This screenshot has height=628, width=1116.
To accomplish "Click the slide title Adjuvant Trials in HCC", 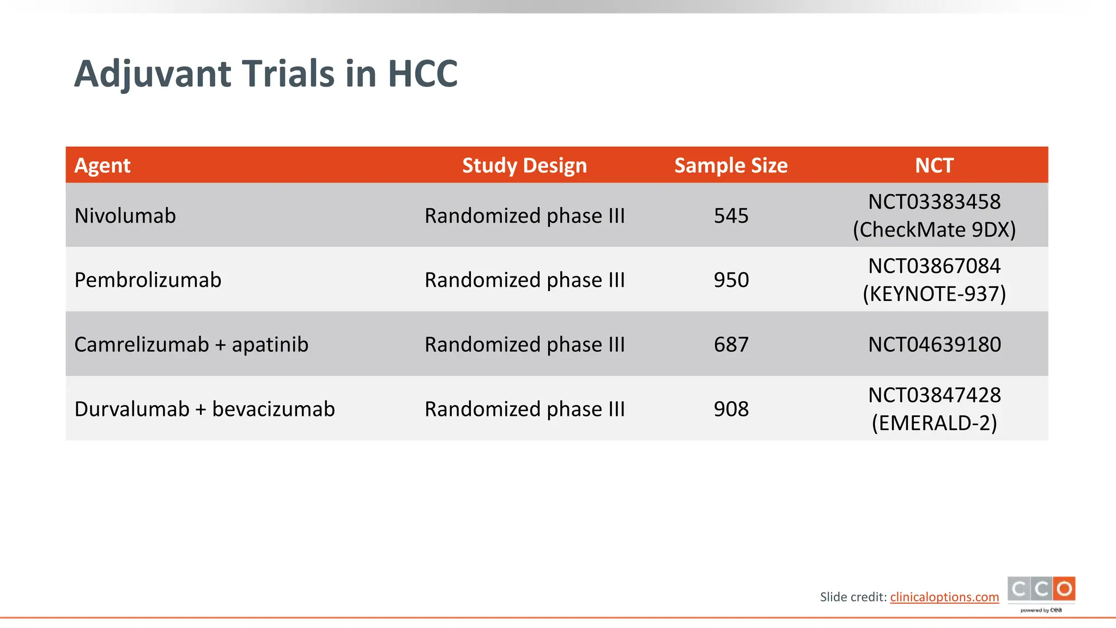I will pyautogui.click(x=266, y=74).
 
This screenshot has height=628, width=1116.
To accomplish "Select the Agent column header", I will pyautogui.click(x=102, y=165).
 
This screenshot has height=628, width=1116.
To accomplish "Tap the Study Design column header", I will pyautogui.click(x=524, y=165).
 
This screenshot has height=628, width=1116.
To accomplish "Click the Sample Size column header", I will pyautogui.click(x=731, y=165).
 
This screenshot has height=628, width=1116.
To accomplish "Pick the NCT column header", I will pyautogui.click(x=934, y=165).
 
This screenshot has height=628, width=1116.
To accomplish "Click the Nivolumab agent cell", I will pyautogui.click(x=125, y=216).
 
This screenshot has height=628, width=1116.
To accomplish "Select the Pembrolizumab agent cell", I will pyautogui.click(x=148, y=280).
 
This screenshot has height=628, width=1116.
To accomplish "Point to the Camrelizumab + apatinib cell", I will pyautogui.click(x=191, y=345).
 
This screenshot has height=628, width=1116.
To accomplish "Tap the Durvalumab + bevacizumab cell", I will pyautogui.click(x=204, y=409).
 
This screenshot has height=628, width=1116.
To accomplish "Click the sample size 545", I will pyautogui.click(x=731, y=216).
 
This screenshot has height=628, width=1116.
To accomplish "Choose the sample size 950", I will pyautogui.click(x=731, y=280).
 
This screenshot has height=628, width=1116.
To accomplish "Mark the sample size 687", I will pyautogui.click(x=731, y=345).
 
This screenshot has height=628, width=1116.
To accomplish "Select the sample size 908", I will pyautogui.click(x=731, y=409).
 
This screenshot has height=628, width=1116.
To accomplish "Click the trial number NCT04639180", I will pyautogui.click(x=934, y=345).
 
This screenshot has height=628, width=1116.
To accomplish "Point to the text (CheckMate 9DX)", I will pyautogui.click(x=934, y=230).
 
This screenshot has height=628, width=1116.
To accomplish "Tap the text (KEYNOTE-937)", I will pyautogui.click(x=934, y=294).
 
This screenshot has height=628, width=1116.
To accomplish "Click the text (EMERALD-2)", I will pyautogui.click(x=934, y=423).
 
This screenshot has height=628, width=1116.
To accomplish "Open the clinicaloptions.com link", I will pyautogui.click(x=944, y=597).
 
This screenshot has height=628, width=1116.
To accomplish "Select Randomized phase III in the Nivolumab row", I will pyautogui.click(x=524, y=216).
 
